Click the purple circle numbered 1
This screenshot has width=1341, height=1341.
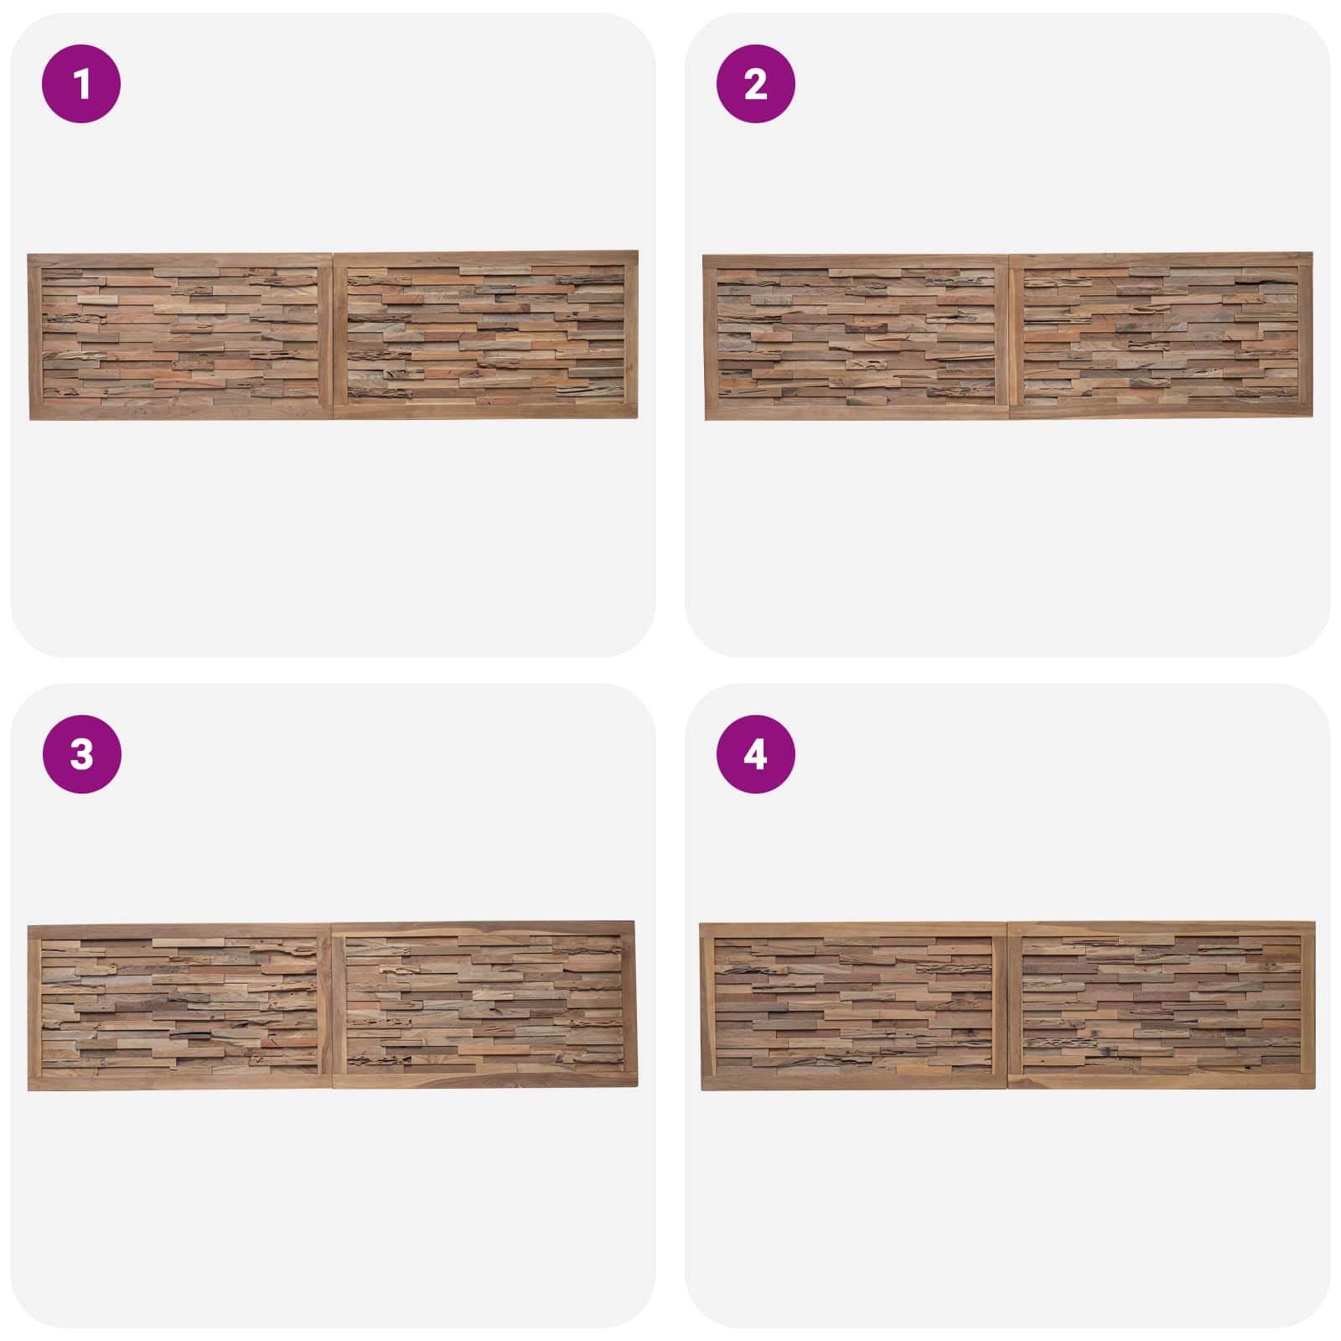tap(81, 84)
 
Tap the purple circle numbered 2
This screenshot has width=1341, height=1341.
tap(755, 84)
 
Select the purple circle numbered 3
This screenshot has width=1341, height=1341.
tap(81, 754)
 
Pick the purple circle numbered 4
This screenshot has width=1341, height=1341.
tap(755, 754)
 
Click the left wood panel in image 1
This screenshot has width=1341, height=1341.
tap(180, 336)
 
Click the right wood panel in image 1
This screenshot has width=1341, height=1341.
tap(486, 334)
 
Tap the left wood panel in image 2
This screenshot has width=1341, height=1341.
tap(857, 337)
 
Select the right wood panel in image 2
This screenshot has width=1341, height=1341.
tap(1162, 334)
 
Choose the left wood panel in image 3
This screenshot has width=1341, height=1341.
tap(180, 1007)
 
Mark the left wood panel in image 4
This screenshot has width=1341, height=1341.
tap(854, 1007)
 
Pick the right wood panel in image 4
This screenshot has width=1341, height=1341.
tap(1162, 1005)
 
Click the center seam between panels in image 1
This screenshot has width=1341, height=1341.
tap(334, 335)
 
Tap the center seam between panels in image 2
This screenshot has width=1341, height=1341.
tap(1010, 335)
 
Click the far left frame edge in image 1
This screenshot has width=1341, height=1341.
tap(34, 337)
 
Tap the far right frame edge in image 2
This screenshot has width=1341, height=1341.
tap(1306, 334)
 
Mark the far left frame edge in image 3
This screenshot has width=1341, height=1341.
tap(34, 1007)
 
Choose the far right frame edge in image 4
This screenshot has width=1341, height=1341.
tap(1308, 1005)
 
